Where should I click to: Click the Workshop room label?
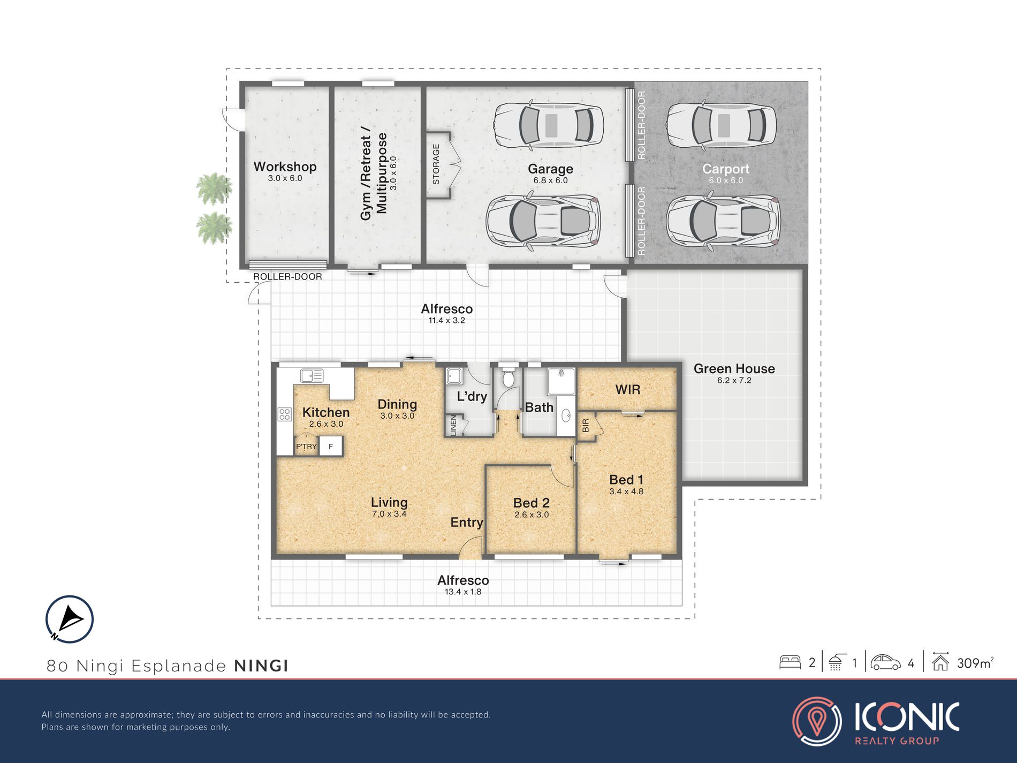pos(285,167)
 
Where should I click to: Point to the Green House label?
pos(734,368)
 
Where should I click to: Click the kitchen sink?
pos(312,376)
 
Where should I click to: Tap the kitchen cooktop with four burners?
pos(284,414)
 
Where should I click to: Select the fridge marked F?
pos(331,446)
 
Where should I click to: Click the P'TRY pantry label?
pos(307,447)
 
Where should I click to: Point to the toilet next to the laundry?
pos(509,377)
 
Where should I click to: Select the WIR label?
pos(627,389)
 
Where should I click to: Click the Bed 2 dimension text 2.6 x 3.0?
pos(532,515)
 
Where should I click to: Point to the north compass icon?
pos(70,619)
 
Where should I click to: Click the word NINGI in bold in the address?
pos(262,666)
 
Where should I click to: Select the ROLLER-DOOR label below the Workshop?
pos(287,276)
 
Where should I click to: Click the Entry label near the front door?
pos(467,523)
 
